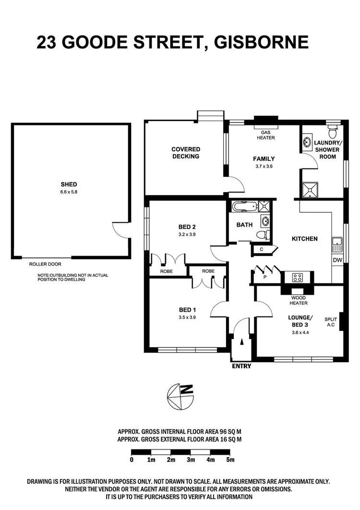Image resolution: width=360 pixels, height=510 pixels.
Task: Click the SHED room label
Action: tap(69, 184)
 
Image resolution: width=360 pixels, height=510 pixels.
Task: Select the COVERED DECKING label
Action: tap(186, 153)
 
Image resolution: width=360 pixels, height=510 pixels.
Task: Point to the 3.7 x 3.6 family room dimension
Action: tap(264, 167)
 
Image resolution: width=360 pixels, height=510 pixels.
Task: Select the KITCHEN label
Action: tap(304, 239)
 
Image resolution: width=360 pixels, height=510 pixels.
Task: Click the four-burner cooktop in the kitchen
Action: tap(297, 277)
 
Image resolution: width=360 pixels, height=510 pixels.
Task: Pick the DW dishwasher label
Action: tap(337, 260)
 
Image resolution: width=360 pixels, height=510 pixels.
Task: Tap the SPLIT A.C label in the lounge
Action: tap(331, 322)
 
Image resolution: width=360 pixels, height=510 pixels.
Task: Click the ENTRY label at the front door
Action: tap(241, 366)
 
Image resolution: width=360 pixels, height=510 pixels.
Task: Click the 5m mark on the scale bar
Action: tap(230, 460)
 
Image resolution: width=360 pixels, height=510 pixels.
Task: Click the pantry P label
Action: tap(264, 277)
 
